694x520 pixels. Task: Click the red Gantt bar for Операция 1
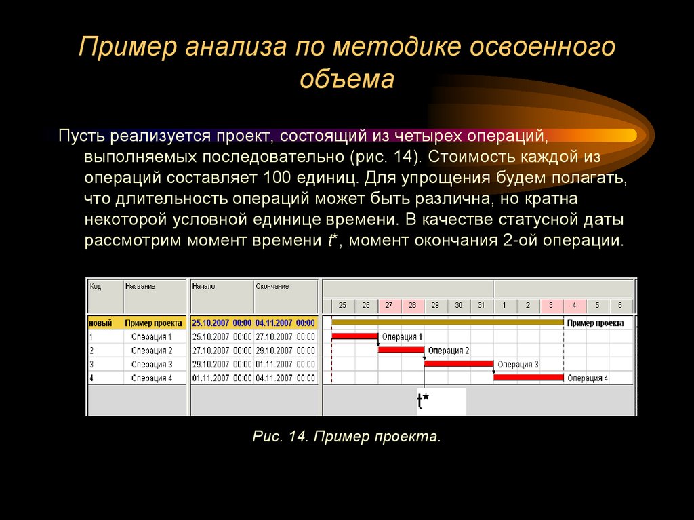[354, 336]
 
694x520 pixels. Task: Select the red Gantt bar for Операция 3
[459, 363]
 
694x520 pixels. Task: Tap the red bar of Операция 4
[529, 377]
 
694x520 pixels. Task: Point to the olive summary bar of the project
[447, 323]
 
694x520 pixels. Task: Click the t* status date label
[423, 402]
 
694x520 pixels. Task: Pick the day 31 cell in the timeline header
[482, 306]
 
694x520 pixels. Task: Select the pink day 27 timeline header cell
[389, 306]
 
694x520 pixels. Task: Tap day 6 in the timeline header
[620, 306]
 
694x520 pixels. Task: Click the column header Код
[96, 287]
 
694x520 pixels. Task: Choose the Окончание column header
[272, 287]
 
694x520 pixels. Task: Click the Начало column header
[203, 287]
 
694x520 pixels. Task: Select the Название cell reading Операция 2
[152, 351]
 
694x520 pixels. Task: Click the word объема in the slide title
[346, 79]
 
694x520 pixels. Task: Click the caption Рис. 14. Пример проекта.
[346, 436]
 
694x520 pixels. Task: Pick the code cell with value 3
[91, 364]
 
